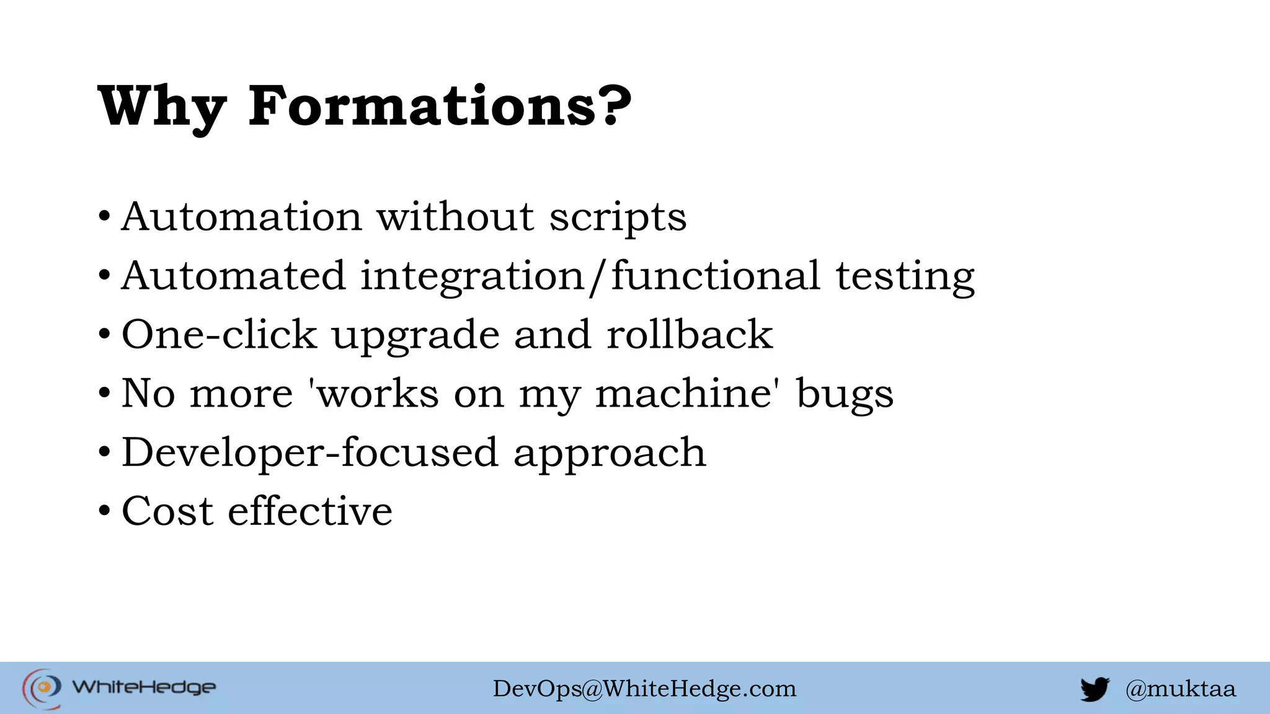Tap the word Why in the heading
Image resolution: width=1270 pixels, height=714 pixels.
coord(162,107)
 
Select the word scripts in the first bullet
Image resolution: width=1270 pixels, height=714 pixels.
coord(618,218)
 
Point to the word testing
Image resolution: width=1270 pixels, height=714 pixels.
coord(905,276)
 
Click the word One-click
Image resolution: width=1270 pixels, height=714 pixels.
coord(219,335)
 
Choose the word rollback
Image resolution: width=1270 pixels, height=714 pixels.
coord(690,335)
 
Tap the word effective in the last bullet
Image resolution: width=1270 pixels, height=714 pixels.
coord(310,511)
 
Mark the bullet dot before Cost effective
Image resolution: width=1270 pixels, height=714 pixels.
coord(104,511)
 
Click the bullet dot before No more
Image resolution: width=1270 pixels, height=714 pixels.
coord(104,394)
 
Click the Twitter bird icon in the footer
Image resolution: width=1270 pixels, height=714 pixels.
coord(1095,689)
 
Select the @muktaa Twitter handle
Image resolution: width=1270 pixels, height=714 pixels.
coord(1180,689)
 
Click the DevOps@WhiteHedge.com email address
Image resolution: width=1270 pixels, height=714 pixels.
coord(644,689)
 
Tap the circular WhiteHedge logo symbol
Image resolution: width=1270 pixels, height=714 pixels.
coord(42,688)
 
